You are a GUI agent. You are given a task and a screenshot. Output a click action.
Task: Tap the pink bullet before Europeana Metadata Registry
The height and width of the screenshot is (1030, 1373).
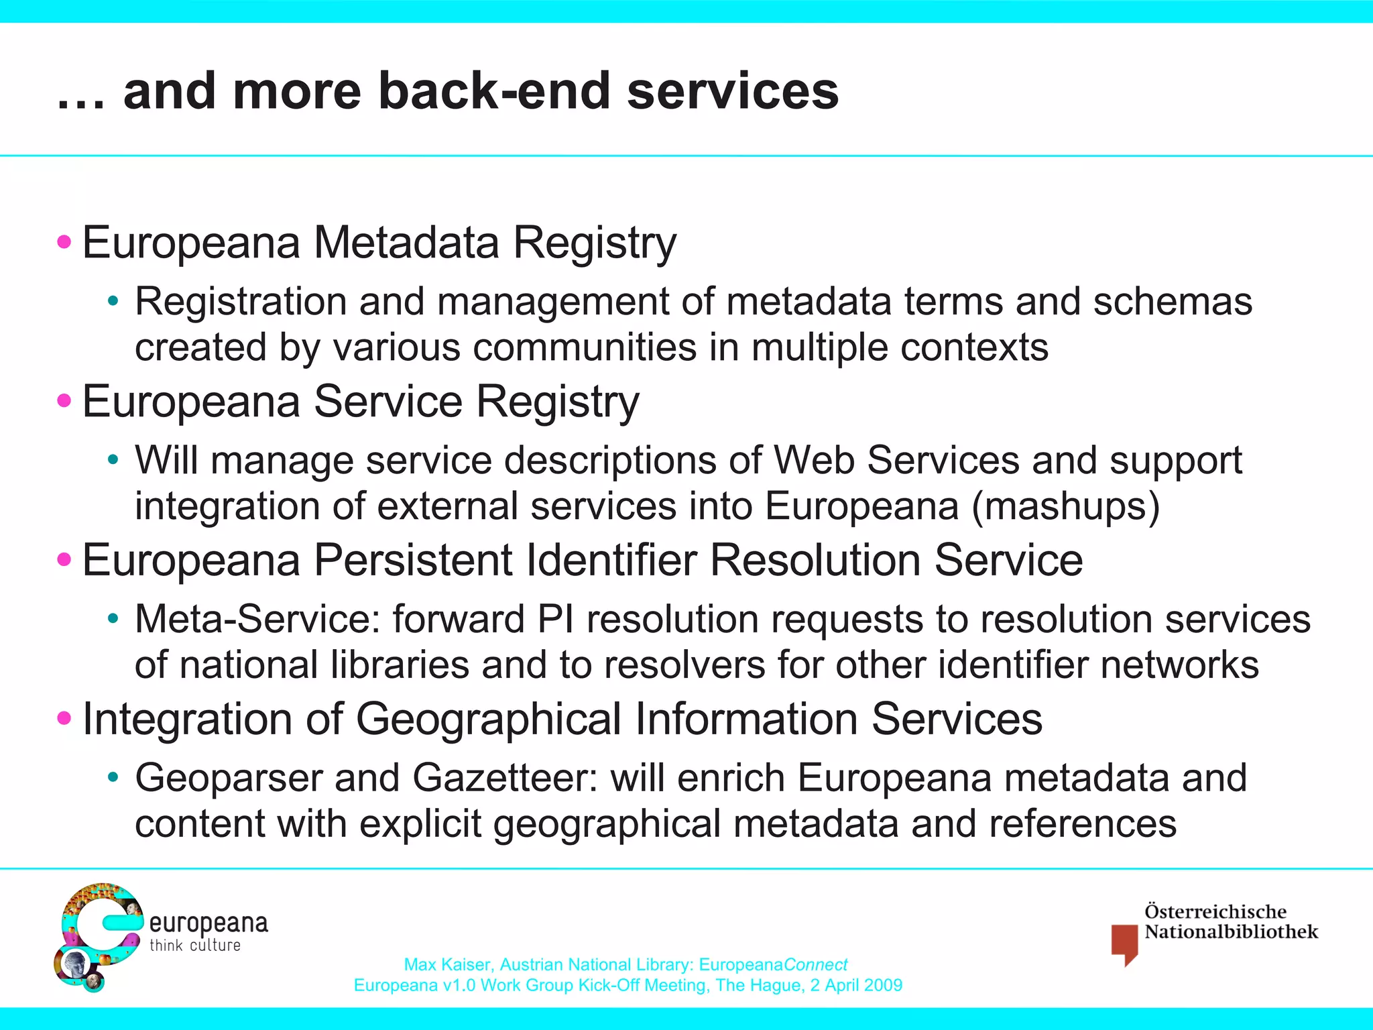[x=64, y=241]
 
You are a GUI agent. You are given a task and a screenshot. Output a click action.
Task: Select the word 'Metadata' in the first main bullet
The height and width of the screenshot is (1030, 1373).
[x=406, y=242]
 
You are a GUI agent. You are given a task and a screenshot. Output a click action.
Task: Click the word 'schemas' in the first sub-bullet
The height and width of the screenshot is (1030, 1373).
[x=1173, y=302]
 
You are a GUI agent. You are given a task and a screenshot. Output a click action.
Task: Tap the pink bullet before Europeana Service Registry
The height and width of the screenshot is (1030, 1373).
[x=64, y=401]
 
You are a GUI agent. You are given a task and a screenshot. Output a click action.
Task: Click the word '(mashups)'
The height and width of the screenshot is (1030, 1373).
[x=1065, y=506]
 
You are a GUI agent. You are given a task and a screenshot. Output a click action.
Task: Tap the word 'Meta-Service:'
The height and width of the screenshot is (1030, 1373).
[x=257, y=619]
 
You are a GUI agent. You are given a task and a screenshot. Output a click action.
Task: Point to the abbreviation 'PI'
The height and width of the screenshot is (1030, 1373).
[x=555, y=619]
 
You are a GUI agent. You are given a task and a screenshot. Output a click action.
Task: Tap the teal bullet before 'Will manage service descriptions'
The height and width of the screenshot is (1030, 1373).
[x=113, y=461]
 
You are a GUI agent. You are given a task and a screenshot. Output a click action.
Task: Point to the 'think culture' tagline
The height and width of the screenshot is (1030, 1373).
[x=194, y=946]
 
